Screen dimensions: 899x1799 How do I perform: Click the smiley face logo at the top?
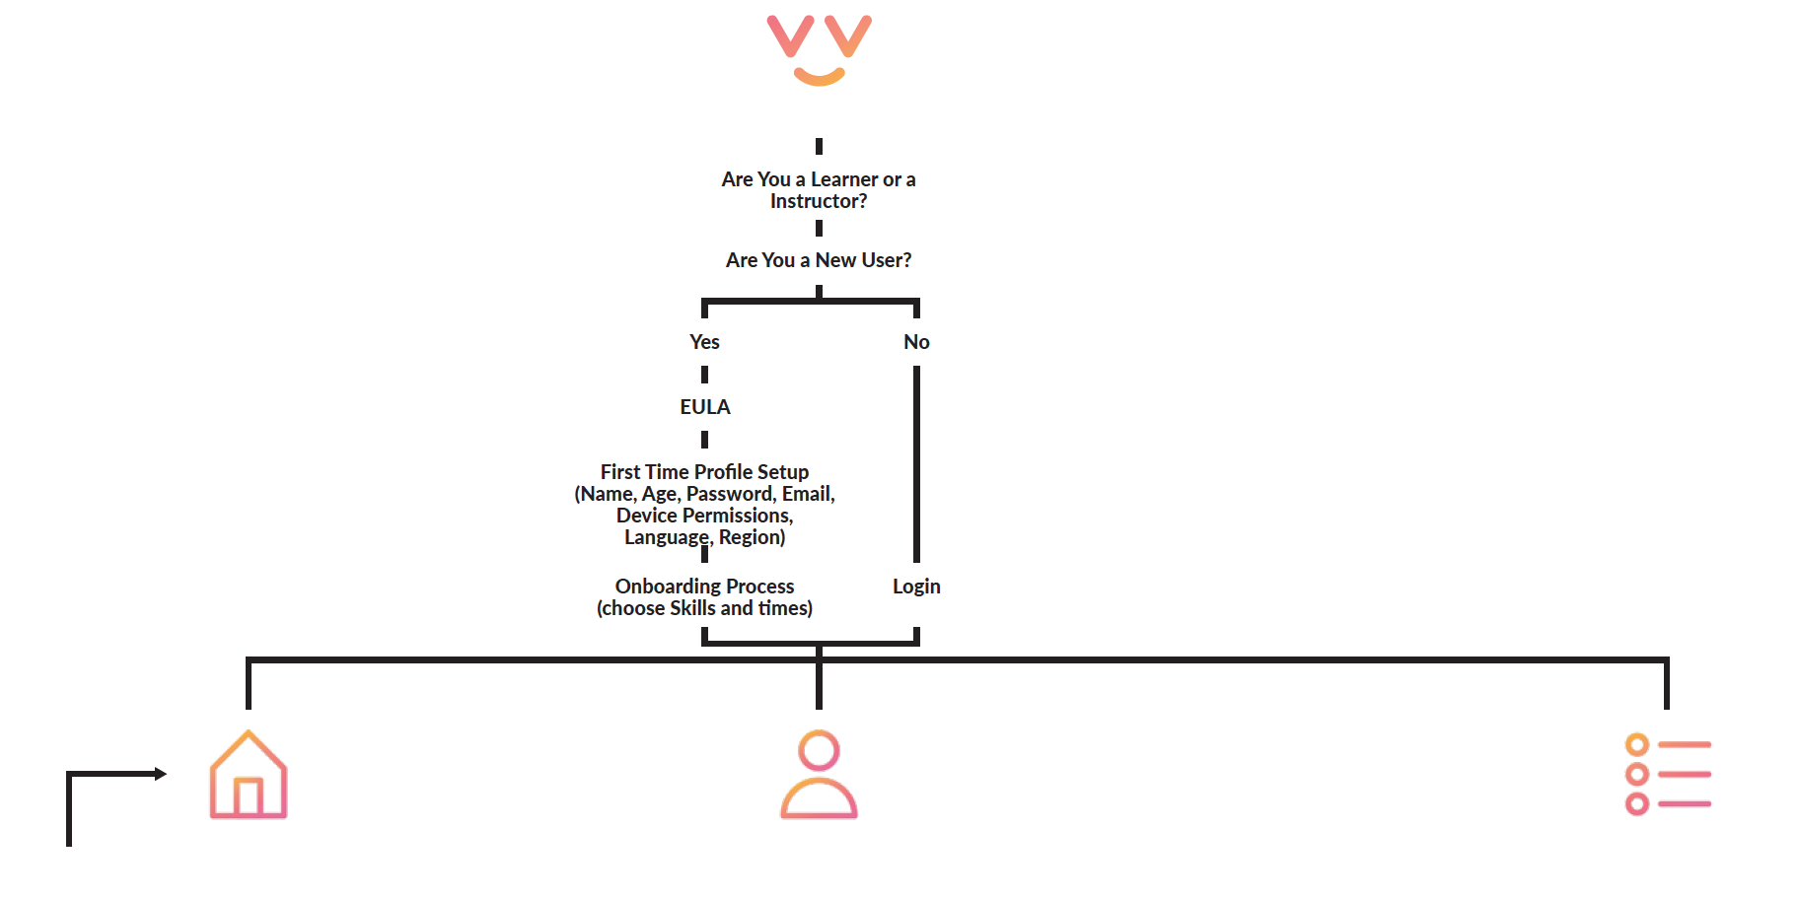coord(819,49)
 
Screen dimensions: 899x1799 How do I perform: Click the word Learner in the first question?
coord(844,179)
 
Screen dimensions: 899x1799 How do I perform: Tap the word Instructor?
coord(819,201)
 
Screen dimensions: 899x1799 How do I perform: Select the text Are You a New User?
coord(819,260)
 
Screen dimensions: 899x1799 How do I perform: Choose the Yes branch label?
coord(704,342)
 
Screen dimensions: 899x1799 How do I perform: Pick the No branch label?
coord(916,342)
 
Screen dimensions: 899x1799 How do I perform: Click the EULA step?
coord(704,407)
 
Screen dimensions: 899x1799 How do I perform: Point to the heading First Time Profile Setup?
coord(704,472)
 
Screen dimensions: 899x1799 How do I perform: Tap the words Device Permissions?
coord(704,516)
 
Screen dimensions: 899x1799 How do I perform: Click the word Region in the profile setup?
coord(752,537)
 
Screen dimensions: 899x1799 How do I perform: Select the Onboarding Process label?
coord(704,587)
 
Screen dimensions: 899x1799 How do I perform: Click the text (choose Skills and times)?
coord(704,608)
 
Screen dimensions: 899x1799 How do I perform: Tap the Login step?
coord(916,587)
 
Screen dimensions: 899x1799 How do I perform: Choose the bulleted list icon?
coord(1667,775)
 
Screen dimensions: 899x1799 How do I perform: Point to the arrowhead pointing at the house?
coord(161,774)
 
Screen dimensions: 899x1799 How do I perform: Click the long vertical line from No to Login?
coord(916,463)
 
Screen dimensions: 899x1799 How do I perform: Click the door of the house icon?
coord(249,797)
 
